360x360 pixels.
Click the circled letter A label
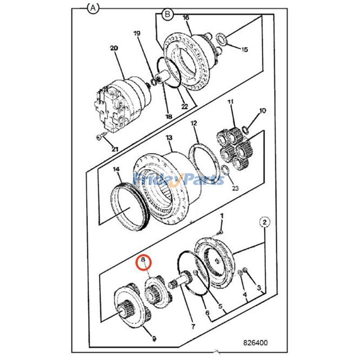click(93, 9)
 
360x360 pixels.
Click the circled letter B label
click(167, 15)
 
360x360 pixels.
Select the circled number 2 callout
click(265, 222)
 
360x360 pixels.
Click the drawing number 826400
click(255, 343)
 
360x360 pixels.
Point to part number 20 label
click(113, 48)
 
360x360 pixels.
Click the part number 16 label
click(186, 18)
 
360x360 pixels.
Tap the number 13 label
click(169, 137)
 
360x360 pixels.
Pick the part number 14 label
click(117, 169)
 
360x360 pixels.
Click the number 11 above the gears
click(230, 103)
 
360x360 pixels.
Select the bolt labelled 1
click(218, 231)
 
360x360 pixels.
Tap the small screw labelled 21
click(100, 136)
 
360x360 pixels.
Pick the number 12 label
click(194, 123)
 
